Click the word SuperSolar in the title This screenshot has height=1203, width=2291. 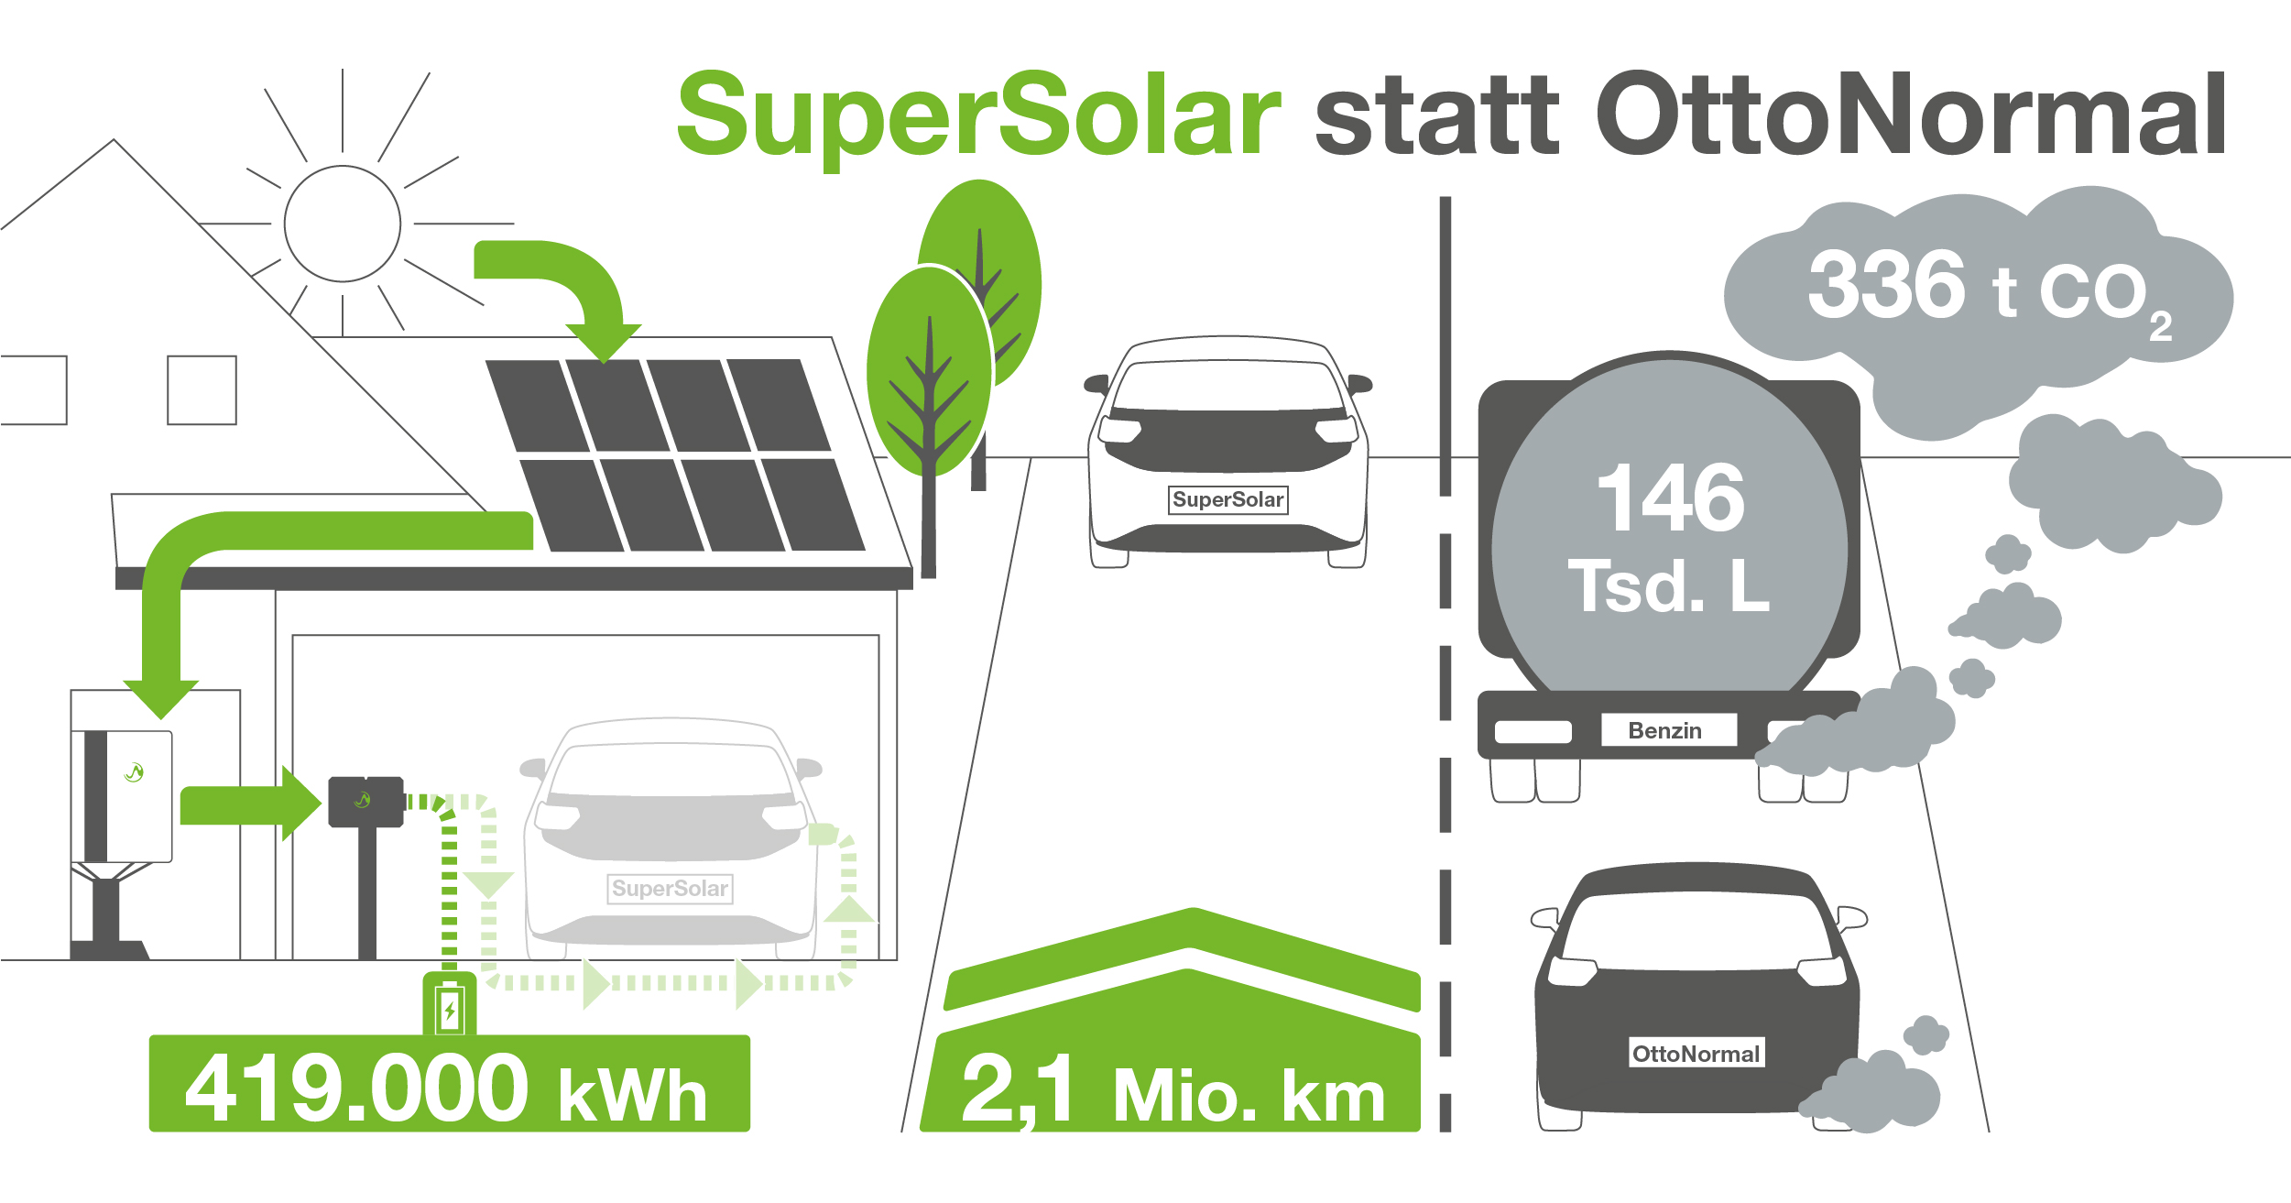click(978, 119)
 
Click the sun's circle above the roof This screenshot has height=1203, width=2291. click(343, 224)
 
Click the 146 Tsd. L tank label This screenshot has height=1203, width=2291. click(1669, 538)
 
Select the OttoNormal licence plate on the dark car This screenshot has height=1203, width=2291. click(1696, 1054)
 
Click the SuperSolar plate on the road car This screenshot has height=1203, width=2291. click(1228, 500)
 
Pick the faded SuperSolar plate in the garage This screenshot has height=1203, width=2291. click(671, 889)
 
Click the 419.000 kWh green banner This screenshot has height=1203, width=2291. click(449, 1084)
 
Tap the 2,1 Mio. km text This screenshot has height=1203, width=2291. click(1173, 1091)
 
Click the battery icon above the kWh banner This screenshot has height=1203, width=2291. click(449, 1006)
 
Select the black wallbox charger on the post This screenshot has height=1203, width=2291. click(366, 802)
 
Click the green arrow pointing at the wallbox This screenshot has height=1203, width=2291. click(251, 804)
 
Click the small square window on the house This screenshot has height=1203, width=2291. click(202, 390)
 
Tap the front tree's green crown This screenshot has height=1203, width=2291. click(930, 371)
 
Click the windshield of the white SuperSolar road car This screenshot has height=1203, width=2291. click(1228, 386)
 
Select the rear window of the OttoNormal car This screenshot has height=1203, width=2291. click(1697, 931)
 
